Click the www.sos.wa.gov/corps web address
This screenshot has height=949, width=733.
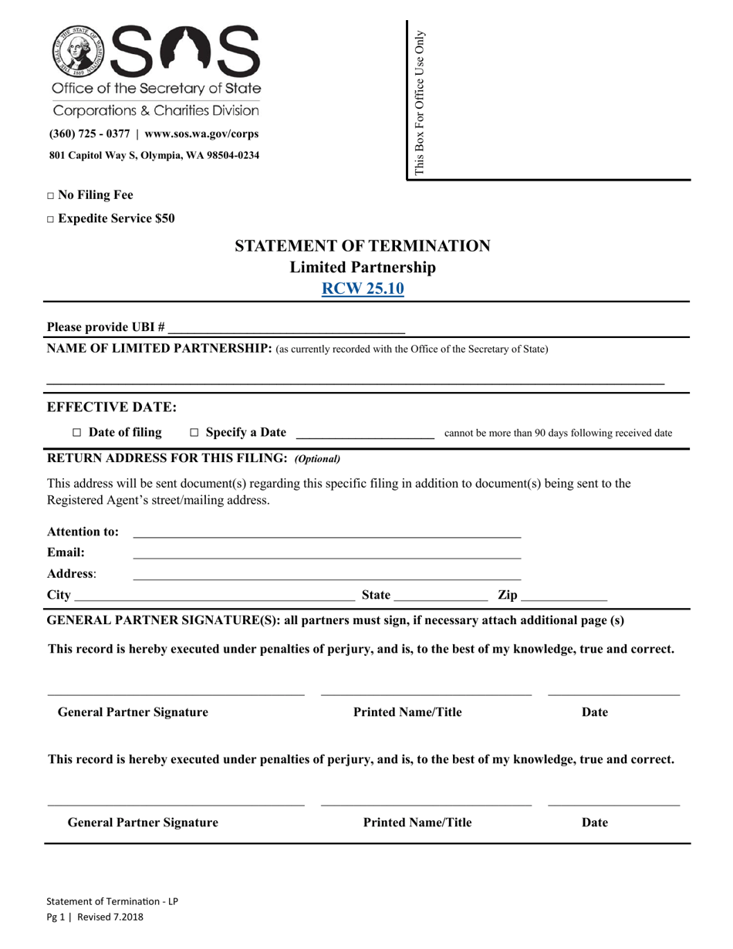pyautogui.click(x=201, y=133)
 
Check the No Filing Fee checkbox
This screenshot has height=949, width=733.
pyautogui.click(x=51, y=196)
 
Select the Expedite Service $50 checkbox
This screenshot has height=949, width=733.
pyautogui.click(x=51, y=219)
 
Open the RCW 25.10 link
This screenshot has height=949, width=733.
pyautogui.click(x=362, y=289)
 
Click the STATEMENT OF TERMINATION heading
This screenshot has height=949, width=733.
pyautogui.click(x=362, y=246)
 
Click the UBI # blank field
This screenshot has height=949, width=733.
pyautogui.click(x=286, y=327)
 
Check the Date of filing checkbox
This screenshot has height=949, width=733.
pyautogui.click(x=76, y=433)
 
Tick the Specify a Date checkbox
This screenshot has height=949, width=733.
pyautogui.click(x=194, y=433)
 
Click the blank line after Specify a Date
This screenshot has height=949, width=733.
pyautogui.click(x=365, y=433)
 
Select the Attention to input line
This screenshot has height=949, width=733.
pyautogui.click(x=327, y=532)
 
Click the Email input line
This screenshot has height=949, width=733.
pyautogui.click(x=327, y=552)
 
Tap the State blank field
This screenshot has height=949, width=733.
pyautogui.click(x=440, y=596)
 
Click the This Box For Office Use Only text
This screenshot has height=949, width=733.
pyautogui.click(x=420, y=102)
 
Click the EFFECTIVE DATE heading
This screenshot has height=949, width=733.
pyautogui.click(x=112, y=407)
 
